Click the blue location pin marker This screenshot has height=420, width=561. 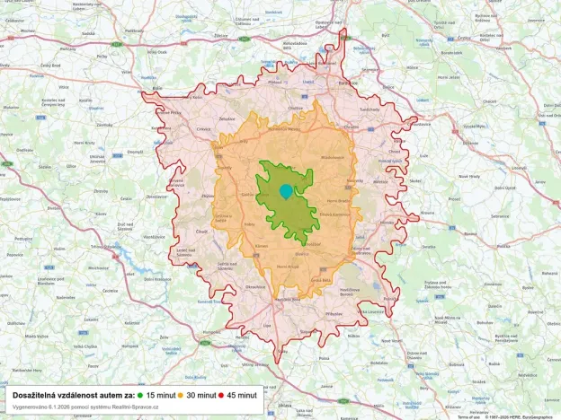pos(286,190)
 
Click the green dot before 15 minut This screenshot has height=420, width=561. pos(141,394)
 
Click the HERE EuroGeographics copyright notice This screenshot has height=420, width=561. pos(519,417)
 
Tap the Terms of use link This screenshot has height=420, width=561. pos(468,417)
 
